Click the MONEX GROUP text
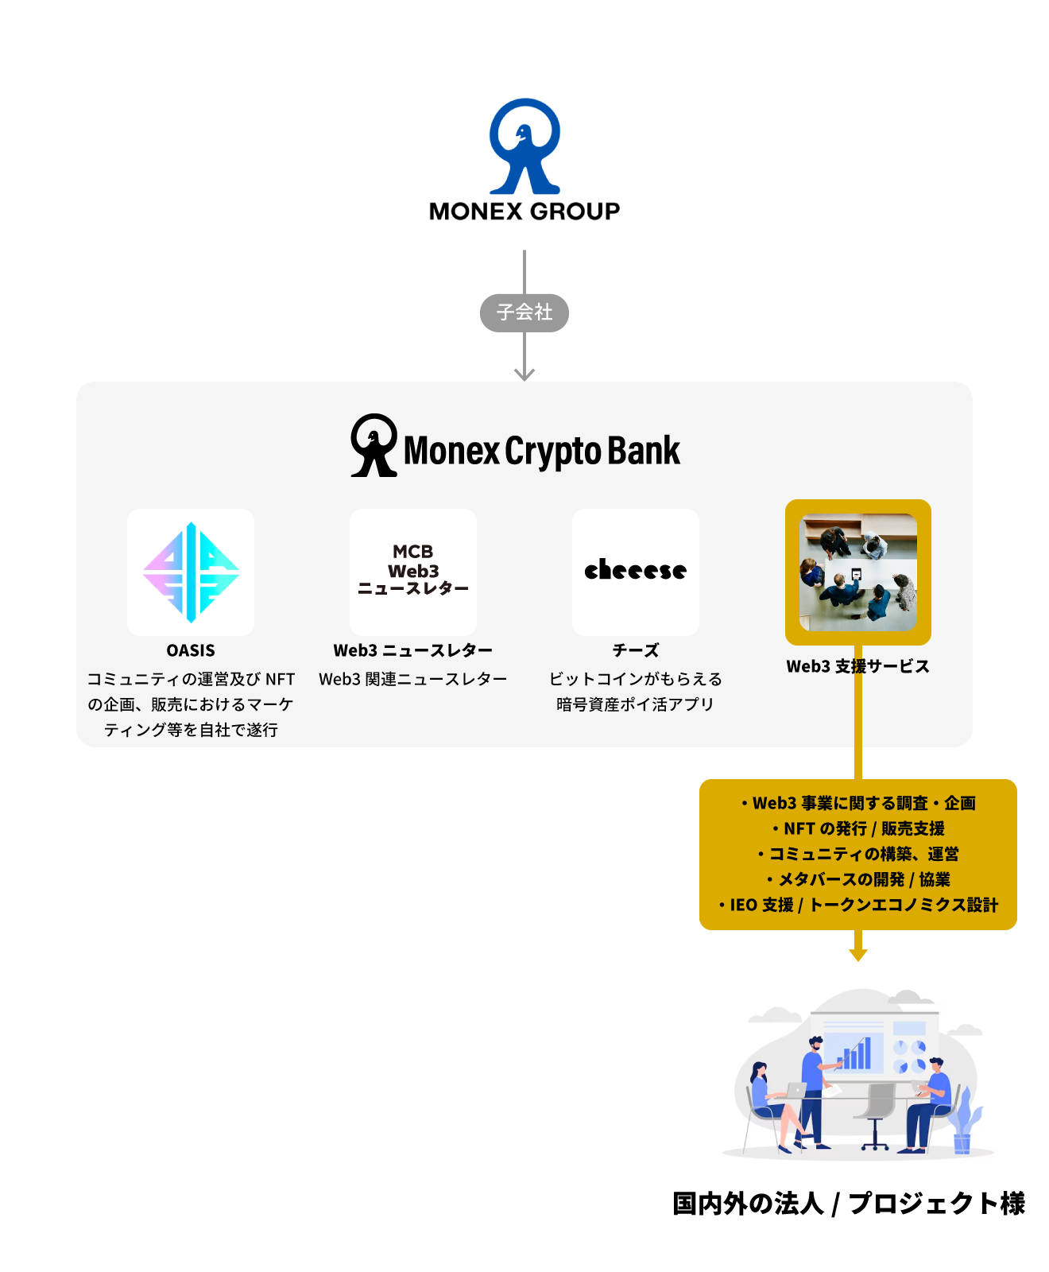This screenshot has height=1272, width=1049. coord(524,211)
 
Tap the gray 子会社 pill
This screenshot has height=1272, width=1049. coord(524,312)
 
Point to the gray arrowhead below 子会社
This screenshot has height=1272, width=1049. coord(524,373)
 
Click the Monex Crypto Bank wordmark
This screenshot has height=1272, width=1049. coord(541,451)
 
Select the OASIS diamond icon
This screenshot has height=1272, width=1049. coord(191,572)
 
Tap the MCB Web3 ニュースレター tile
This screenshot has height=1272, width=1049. coord(413,572)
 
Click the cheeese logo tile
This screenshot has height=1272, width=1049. coord(636,572)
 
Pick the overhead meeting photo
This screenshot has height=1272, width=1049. coord(858,572)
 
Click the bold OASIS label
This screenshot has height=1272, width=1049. coord(191,650)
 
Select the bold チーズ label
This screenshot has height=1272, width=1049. coord(636,650)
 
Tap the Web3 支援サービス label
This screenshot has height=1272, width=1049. coord(858,666)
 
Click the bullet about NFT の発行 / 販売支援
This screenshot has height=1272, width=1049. coord(858,828)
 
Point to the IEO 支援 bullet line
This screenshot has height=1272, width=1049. coord(858,905)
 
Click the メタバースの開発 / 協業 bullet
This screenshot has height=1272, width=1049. coord(858,879)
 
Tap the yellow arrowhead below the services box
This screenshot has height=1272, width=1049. coord(858,954)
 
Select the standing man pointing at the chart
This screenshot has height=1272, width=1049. coord(815,1093)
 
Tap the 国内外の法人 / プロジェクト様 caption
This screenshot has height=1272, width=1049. coord(849,1204)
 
